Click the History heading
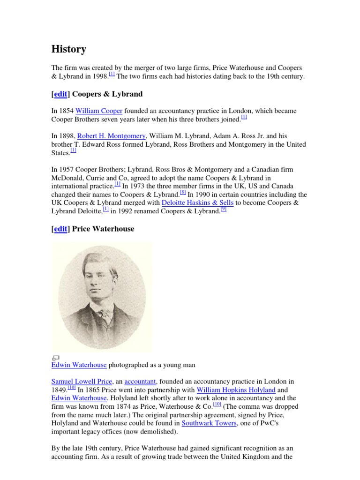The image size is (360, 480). click(x=68, y=49)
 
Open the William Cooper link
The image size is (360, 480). click(x=99, y=111)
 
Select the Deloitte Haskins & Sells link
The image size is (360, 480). click(x=198, y=202)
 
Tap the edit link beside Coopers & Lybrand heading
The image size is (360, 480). click(x=60, y=94)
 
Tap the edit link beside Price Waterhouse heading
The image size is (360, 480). click(x=60, y=229)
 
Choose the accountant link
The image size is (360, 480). click(x=139, y=382)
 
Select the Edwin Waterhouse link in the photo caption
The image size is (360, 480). click(x=79, y=365)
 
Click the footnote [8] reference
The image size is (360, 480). click(x=183, y=192)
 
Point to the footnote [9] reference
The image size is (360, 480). click(x=224, y=209)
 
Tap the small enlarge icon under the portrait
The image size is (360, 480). click(x=55, y=358)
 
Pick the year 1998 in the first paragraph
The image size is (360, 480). click(x=100, y=76)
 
